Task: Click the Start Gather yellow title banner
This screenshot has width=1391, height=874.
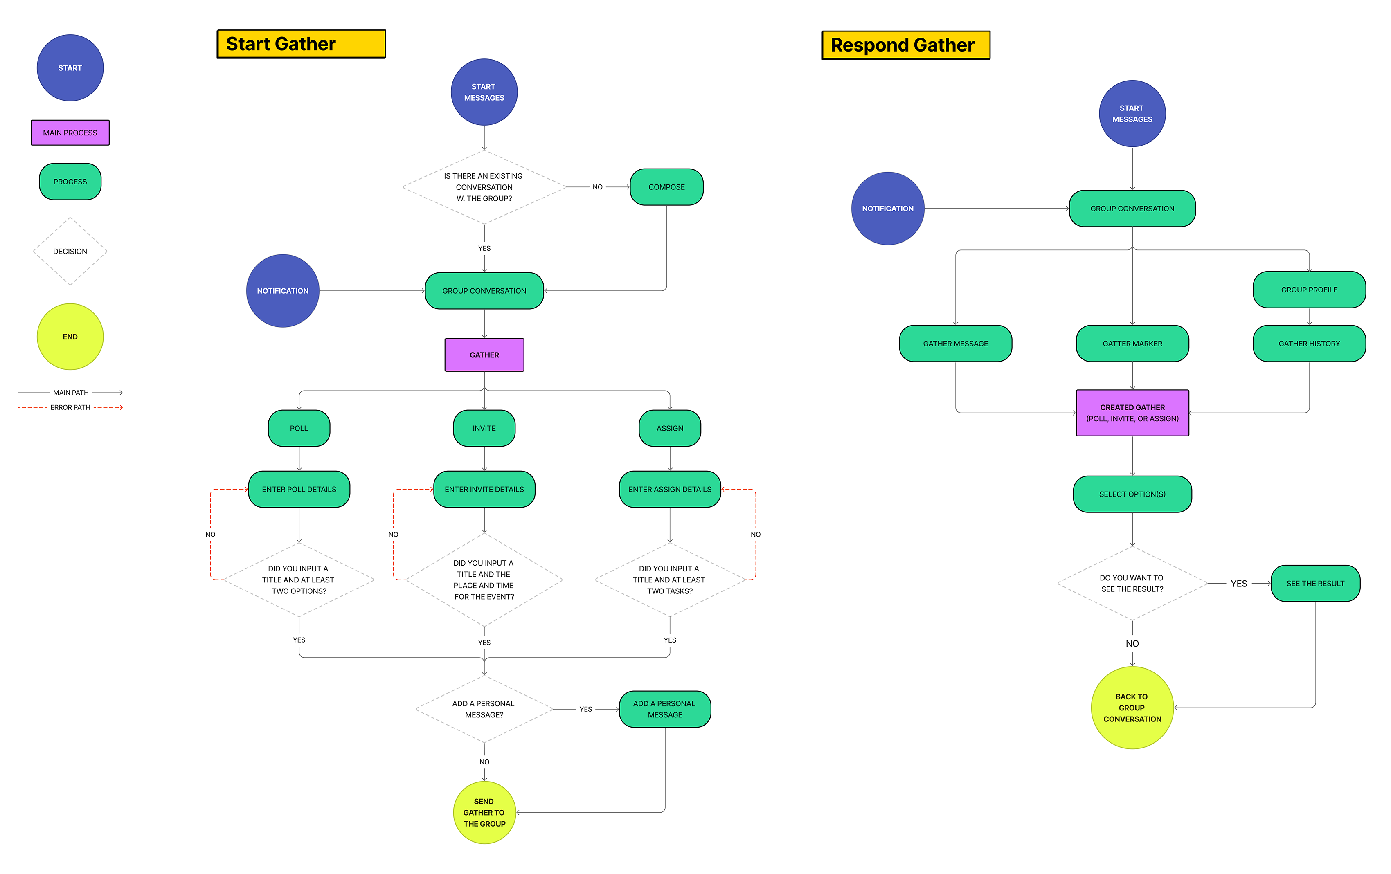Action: pos(301,44)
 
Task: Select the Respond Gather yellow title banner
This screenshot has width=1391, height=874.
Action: pos(905,45)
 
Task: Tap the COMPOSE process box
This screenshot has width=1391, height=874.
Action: pos(666,187)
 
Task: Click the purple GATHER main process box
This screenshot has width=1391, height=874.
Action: pos(484,355)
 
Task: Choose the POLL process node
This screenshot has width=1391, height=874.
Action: pos(299,428)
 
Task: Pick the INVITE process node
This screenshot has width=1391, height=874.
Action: pos(484,428)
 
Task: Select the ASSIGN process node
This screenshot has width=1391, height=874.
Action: pos(669,428)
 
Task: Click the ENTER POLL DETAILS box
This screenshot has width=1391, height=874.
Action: pos(299,489)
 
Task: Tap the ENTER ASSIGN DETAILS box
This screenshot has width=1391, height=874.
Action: pos(669,489)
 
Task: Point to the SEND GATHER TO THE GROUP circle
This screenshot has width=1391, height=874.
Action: pos(484,812)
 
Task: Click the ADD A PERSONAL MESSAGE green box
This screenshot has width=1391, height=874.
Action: pos(664,709)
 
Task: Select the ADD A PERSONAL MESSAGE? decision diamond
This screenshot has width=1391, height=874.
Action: pos(484,709)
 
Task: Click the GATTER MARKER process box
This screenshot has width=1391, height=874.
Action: pos(1132,343)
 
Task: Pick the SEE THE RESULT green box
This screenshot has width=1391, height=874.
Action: pos(1315,584)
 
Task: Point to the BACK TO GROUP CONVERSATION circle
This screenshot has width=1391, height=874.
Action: pos(1132,708)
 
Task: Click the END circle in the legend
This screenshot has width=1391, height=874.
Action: pos(70,337)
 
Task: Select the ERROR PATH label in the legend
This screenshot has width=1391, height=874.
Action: pos(70,407)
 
